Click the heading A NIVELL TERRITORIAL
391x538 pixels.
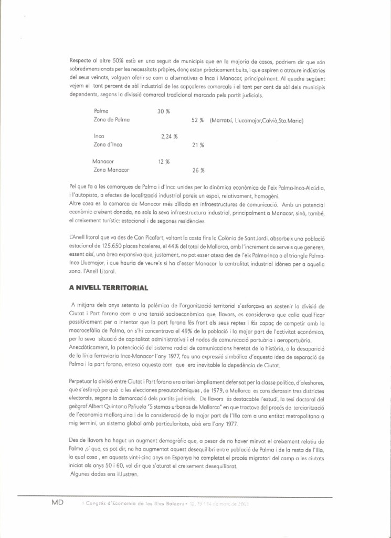click(109, 288)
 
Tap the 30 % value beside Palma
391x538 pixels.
click(164, 111)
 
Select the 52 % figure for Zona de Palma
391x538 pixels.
click(197, 120)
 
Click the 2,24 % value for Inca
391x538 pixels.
click(169, 136)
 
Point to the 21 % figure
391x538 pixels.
click(198, 145)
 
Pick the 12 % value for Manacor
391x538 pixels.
click(164, 161)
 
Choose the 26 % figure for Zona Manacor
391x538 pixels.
click(198, 170)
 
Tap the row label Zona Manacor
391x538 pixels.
click(111, 170)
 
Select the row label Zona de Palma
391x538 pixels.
click(111, 120)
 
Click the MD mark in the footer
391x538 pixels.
click(58, 503)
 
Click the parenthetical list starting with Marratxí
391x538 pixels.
click(257, 120)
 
